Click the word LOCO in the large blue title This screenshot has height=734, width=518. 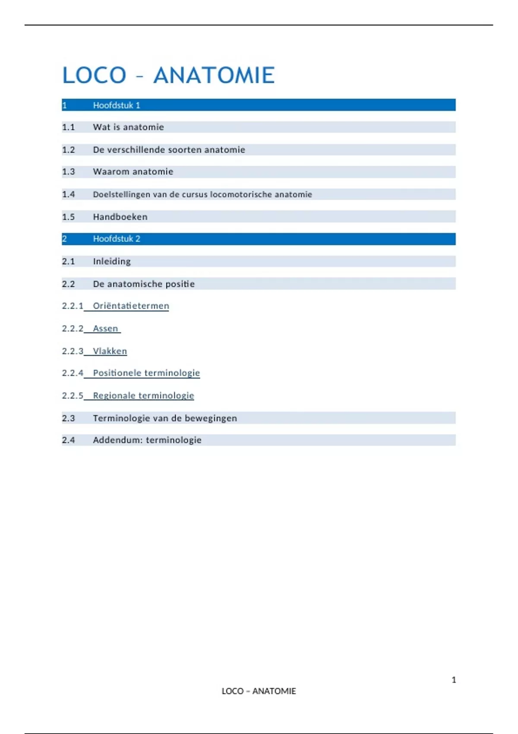[94, 76]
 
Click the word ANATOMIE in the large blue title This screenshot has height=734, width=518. [214, 76]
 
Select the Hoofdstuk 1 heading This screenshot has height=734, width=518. [117, 105]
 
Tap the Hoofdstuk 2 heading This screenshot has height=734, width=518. [117, 239]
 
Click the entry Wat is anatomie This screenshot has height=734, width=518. [128, 127]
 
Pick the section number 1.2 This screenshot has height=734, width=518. [68, 150]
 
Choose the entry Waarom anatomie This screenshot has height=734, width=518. [133, 172]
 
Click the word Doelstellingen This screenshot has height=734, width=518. [122, 194]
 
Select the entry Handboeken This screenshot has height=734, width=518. [120, 217]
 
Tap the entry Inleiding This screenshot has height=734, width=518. [112, 261]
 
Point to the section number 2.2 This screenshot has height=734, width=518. [68, 284]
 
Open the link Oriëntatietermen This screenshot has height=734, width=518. [131, 306]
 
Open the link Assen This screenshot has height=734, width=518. [105, 329]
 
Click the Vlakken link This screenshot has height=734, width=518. [110, 351]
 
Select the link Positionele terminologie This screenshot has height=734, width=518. [146, 373]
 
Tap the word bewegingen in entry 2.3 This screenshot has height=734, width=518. [211, 418]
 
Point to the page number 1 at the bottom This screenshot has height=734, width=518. [454, 680]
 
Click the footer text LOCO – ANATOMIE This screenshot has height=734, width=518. [259, 691]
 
